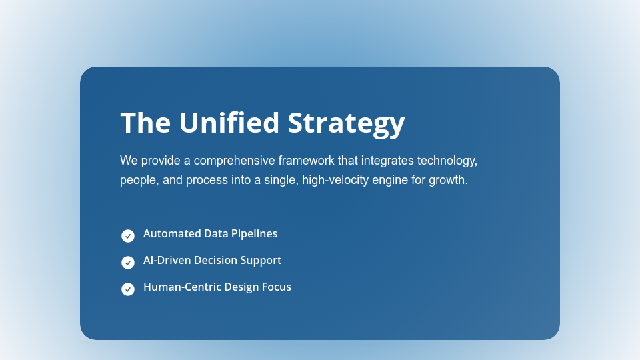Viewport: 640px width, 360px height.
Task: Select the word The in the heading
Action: [x=145, y=123]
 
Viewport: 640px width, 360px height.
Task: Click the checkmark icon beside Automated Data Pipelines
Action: [x=128, y=236]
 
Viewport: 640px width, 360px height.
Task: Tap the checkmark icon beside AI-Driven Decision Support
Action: [x=128, y=263]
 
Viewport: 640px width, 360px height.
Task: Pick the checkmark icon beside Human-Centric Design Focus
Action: [x=128, y=289]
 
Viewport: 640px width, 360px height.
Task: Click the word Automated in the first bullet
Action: [x=171, y=234]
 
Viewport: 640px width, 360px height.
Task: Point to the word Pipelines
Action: [x=254, y=234]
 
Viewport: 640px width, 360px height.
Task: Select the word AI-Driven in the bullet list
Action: [x=167, y=261]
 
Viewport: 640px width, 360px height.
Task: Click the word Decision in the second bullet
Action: [x=215, y=261]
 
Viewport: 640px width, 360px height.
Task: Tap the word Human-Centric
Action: [x=177, y=287]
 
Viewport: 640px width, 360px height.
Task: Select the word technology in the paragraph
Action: [x=447, y=161]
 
